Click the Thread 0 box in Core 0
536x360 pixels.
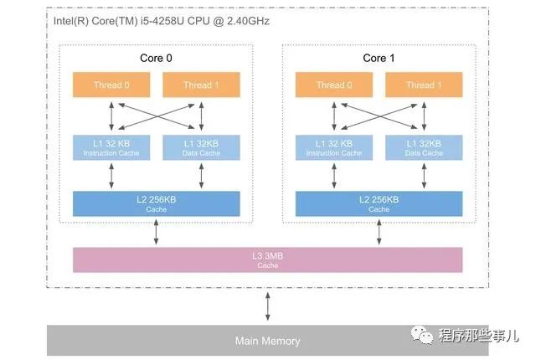click(x=111, y=85)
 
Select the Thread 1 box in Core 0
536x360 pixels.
click(x=201, y=85)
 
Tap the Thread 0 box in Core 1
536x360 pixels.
click(x=333, y=85)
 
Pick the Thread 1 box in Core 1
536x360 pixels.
click(x=423, y=85)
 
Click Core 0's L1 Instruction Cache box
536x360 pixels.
click(x=111, y=147)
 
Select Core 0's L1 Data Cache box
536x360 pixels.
click(x=201, y=147)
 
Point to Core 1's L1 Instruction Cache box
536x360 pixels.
click(x=333, y=147)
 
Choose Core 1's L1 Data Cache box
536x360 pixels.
click(x=423, y=147)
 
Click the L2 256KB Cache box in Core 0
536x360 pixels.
click(x=157, y=203)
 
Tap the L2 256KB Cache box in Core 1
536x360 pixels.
click(x=379, y=203)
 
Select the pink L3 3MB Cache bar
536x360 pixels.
click(x=268, y=260)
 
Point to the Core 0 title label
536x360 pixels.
click(x=157, y=58)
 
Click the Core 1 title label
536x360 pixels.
click(x=379, y=58)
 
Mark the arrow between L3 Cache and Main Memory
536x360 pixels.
click(x=268, y=306)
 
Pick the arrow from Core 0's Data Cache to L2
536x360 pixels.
click(x=201, y=175)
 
